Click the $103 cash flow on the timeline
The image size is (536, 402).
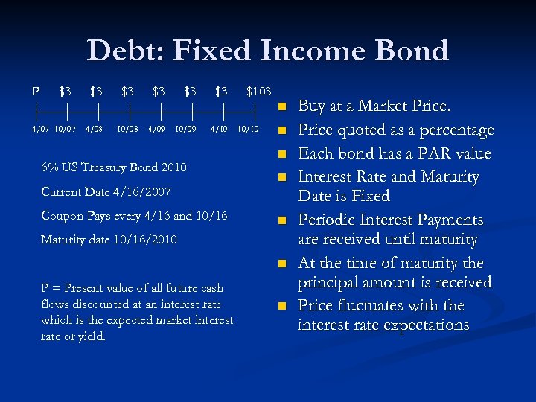coord(258,91)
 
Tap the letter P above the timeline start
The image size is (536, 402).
coord(36,91)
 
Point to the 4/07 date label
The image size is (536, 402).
coord(42,130)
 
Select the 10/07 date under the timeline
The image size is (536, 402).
coord(66,130)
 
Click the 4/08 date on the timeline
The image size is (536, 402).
coord(94,130)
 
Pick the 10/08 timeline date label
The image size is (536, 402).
coord(127,130)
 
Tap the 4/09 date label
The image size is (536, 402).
coord(156,130)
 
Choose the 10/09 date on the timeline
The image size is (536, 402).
coord(187,130)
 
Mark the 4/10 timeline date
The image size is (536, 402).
coord(219,130)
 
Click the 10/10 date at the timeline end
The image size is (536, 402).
coord(248,130)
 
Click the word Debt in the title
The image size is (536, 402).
coord(124,51)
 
